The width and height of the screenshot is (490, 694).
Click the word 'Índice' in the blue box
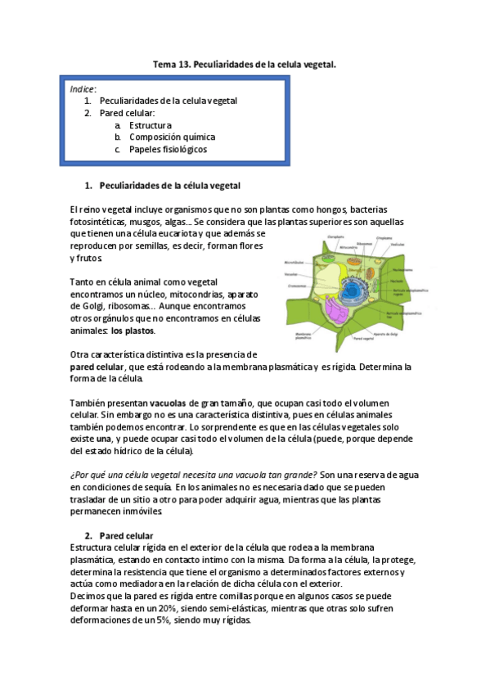(83, 88)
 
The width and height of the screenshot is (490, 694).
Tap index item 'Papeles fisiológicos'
(168, 150)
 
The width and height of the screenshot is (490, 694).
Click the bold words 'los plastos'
(133, 331)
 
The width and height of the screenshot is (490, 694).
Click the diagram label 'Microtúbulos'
(294, 262)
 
